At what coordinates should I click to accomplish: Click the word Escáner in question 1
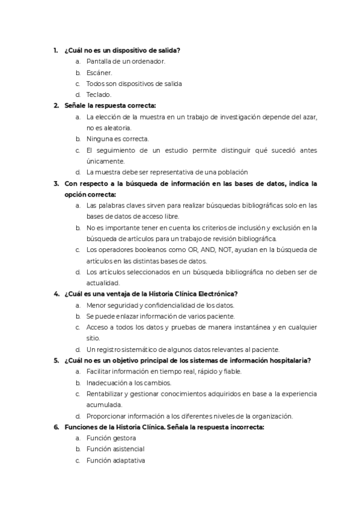pos(99,72)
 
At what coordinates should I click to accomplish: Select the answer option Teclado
pos(99,94)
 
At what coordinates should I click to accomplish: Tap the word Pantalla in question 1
pos(99,61)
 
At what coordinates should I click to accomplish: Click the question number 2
pos(56,105)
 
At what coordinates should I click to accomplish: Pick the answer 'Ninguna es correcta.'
pos(117,139)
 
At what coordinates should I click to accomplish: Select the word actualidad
pos(103,283)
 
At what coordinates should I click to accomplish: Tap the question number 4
pos(56,294)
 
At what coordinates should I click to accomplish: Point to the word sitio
pos(93,338)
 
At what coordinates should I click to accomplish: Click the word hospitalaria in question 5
pos(289,360)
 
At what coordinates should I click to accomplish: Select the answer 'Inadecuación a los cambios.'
pos(129,382)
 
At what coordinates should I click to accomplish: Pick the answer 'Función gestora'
pos(111,438)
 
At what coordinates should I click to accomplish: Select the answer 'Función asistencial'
pos(115,449)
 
